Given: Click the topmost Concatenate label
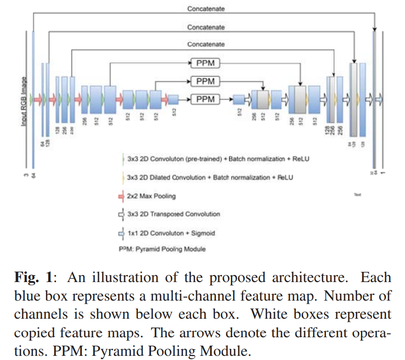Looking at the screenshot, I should tap(206, 8).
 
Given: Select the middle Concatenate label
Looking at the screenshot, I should tap(206, 27).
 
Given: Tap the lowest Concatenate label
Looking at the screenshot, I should tap(206, 44).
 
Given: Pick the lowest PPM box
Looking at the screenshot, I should tap(205, 99).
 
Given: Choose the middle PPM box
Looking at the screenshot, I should tap(205, 81).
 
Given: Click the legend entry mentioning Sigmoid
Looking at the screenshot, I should tap(170, 233).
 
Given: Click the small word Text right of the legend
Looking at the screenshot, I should tap(357, 195).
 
